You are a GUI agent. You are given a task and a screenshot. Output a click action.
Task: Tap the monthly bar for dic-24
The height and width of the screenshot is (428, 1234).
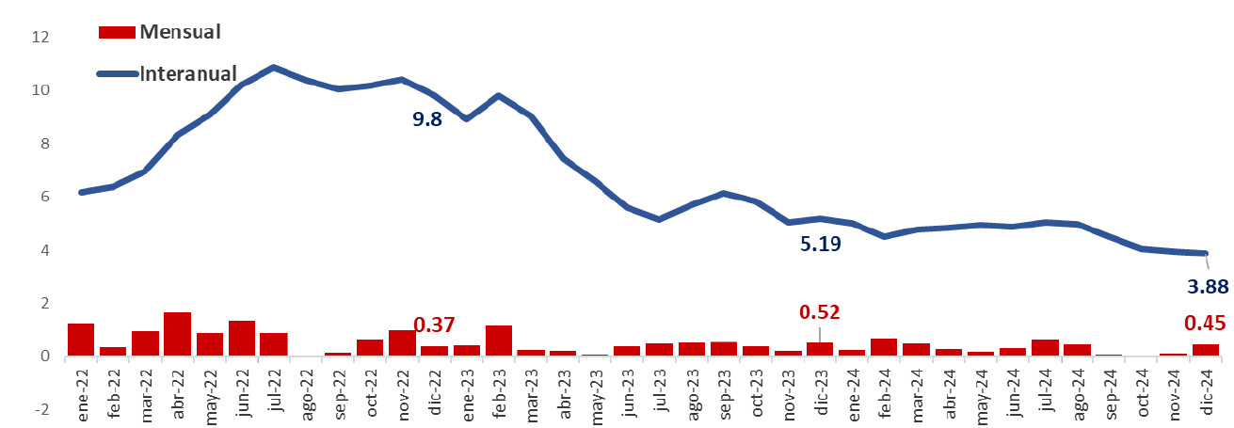pos(1205,350)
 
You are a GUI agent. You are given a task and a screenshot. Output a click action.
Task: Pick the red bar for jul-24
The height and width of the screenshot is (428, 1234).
pos(1045,347)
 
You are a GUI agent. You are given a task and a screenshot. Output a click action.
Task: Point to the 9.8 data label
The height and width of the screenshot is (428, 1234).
pos(427,119)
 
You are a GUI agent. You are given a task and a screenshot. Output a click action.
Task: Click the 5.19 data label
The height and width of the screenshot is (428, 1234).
pos(820,245)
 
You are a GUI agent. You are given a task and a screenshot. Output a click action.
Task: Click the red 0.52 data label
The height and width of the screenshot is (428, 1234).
pos(819,311)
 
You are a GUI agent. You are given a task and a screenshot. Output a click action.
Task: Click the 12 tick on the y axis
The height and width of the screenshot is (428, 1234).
pos(39,38)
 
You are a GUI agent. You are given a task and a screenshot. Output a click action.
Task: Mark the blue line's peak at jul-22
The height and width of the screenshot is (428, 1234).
pos(273,68)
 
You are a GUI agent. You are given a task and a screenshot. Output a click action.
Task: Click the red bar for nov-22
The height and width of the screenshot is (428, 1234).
pos(402,342)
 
